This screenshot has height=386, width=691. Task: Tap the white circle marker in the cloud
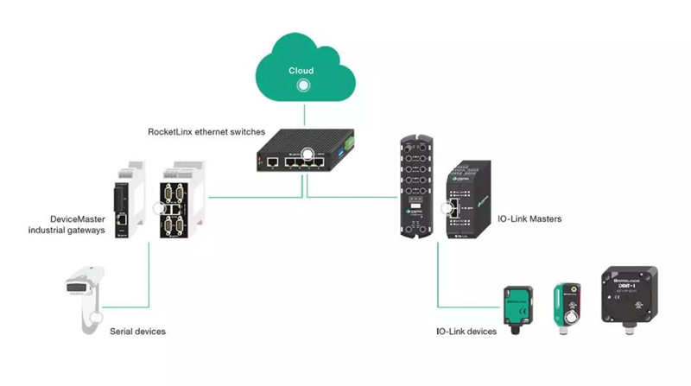point(303,86)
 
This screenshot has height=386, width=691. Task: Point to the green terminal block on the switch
point(349,142)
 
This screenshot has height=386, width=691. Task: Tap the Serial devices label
point(137,332)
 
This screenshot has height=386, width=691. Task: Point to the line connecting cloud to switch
point(303,112)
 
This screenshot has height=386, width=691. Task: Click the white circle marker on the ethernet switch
point(307,155)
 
